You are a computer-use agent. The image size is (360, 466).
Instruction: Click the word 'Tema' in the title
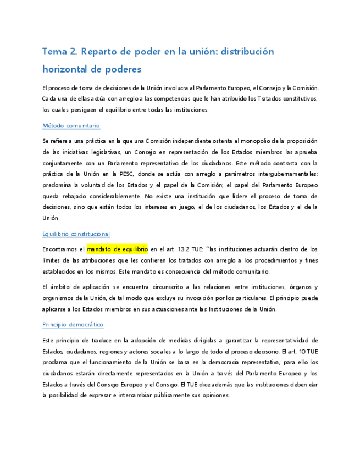pyautogui.click(x=54, y=52)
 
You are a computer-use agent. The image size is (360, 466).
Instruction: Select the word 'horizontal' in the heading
pyautogui.click(x=65, y=69)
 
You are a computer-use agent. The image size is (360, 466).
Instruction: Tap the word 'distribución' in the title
pyautogui.click(x=246, y=52)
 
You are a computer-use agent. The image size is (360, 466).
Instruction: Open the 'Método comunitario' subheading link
pyautogui.click(x=71, y=126)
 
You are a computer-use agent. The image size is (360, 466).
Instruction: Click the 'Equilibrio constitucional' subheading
pyautogui.click(x=76, y=234)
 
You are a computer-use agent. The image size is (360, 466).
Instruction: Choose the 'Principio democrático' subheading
pyautogui.click(x=73, y=325)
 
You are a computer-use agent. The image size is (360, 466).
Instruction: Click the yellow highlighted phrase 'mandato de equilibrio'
pyautogui.click(x=117, y=249)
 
